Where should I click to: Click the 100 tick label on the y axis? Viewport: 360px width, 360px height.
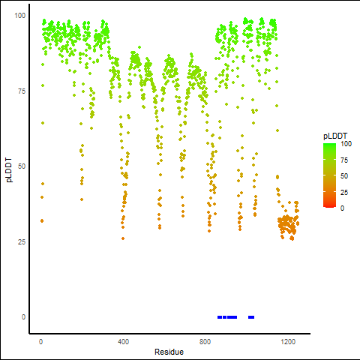[20, 16]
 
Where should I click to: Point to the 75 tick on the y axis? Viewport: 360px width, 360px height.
[22, 91]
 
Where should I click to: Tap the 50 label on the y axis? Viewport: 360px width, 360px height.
[22, 166]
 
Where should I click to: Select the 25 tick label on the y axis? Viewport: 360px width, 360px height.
[22, 241]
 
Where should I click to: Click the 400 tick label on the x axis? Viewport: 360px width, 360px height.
[123, 341]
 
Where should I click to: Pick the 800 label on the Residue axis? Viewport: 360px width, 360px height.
[205, 341]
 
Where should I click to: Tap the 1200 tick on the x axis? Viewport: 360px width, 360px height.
[288, 341]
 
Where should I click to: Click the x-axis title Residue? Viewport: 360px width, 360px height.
[169, 352]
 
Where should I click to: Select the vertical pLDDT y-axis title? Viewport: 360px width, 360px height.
[9, 170]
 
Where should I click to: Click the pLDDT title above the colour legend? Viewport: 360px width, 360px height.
[335, 136]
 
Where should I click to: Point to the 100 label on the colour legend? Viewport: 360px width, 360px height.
[346, 144]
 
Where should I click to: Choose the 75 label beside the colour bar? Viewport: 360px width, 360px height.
[344, 160]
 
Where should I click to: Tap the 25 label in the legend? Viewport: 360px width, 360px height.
[344, 193]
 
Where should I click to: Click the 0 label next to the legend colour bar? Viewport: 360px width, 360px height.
[342, 208]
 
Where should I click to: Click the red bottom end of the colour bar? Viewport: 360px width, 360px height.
[329, 206]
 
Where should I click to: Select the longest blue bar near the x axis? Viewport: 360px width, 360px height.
[232, 317]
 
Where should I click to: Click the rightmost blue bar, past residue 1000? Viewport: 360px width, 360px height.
[251, 317]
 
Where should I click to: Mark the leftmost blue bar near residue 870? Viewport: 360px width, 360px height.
[220, 317]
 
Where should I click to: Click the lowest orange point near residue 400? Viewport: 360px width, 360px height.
[123, 238]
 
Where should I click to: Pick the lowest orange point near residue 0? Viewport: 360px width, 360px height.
[42, 220]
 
